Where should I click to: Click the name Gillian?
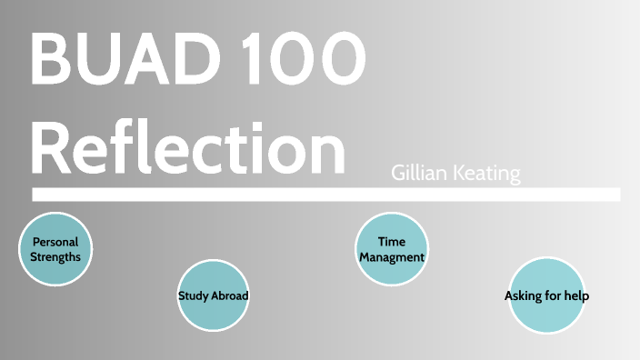[420, 173]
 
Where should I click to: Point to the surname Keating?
[487, 173]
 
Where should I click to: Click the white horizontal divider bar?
[325, 195]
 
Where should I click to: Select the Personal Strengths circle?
[56, 249]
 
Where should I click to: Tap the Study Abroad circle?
[213, 295]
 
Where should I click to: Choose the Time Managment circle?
[392, 249]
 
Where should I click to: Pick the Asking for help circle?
[546, 295]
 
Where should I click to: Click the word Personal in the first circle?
[56, 243]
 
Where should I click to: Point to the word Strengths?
[56, 256]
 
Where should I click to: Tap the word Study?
[194, 296]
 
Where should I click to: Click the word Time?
[392, 243]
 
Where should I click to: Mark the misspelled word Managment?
[392, 257]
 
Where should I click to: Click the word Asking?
[523, 296]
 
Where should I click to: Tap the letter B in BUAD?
[51, 59]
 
